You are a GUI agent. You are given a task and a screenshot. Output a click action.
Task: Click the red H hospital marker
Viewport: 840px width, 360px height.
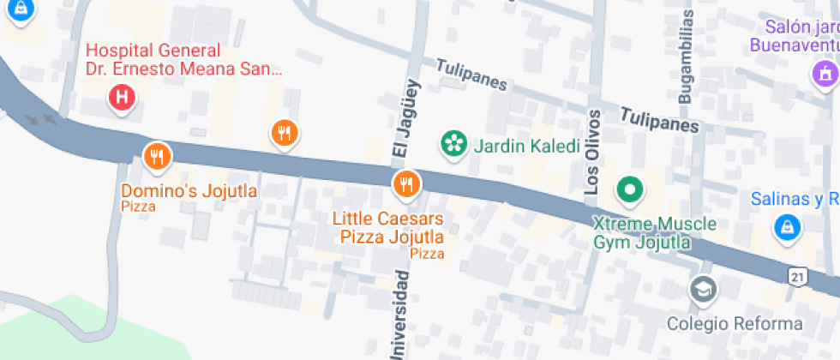(x=122, y=98)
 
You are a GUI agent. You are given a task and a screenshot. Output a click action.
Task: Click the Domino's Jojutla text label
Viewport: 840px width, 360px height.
(x=189, y=190)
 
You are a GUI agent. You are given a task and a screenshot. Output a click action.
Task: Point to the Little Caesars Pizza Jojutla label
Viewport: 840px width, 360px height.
(x=387, y=227)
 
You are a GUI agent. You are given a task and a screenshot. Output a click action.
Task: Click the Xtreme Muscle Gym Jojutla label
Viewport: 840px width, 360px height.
(x=655, y=232)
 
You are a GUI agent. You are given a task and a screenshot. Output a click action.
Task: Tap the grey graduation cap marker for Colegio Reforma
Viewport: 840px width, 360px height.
(x=703, y=290)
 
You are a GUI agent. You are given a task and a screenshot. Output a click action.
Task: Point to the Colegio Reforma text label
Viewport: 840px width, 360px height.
(x=735, y=324)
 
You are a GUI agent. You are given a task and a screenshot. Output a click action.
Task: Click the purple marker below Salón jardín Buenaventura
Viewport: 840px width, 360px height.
(x=825, y=75)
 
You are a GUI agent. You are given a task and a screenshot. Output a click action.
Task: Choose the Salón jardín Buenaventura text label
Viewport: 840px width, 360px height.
(x=794, y=36)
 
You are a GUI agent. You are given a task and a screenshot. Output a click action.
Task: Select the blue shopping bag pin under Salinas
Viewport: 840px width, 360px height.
(x=786, y=228)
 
